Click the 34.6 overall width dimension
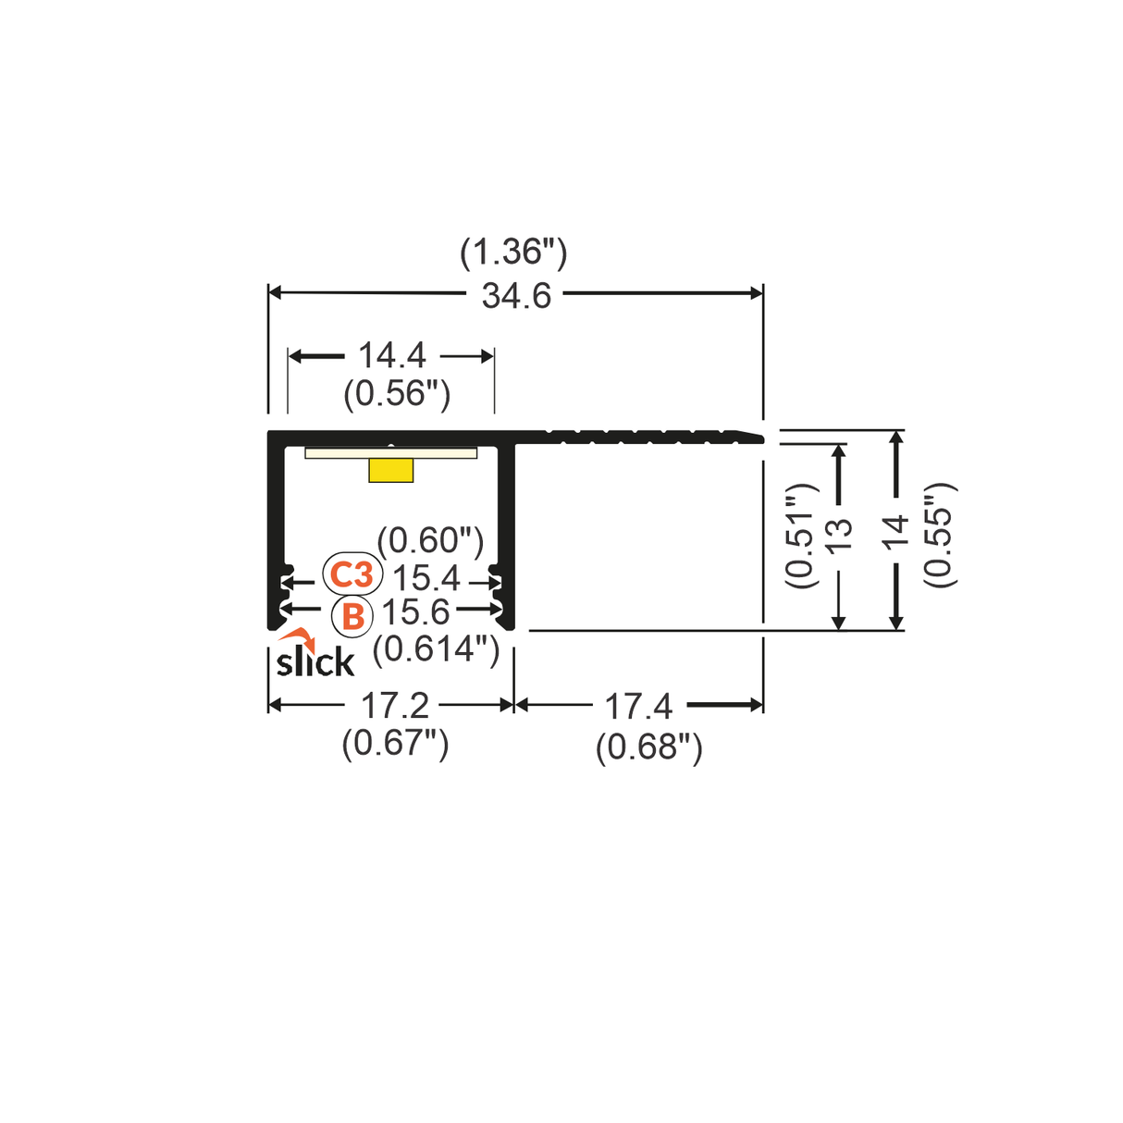point(516,296)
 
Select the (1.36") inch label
point(513,252)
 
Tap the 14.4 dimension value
point(391,355)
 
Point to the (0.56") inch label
point(397,394)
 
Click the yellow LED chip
point(390,470)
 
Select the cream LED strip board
point(391,452)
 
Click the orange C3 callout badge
point(352,574)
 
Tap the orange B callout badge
point(352,616)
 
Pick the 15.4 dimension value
point(426,578)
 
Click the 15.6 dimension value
point(415,612)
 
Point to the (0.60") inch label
point(430,539)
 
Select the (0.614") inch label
point(436,648)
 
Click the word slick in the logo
point(315,662)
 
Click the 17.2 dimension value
point(395,706)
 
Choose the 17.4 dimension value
point(638,708)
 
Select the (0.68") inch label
point(648,747)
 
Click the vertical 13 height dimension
point(838,536)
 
